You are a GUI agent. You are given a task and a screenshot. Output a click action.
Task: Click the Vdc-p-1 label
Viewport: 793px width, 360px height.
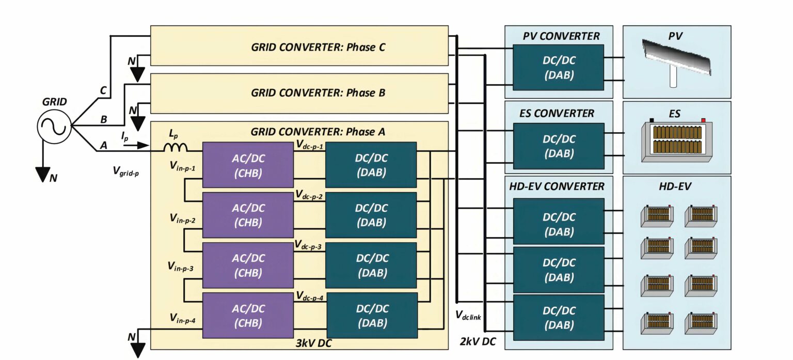(x=310, y=146)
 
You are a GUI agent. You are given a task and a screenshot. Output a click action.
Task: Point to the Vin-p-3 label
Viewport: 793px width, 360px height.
(x=181, y=267)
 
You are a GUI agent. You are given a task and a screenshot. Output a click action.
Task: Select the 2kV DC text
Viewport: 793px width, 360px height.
(x=477, y=341)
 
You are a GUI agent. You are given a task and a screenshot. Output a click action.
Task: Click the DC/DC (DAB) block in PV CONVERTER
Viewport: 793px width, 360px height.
(x=558, y=67)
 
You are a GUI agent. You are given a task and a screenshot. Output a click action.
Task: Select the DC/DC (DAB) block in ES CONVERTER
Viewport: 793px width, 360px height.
(x=558, y=146)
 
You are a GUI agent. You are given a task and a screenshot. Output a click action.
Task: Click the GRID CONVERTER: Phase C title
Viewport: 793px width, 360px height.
(x=319, y=48)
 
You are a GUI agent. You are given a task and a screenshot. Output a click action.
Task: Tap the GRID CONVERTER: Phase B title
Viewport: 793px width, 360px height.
(x=319, y=93)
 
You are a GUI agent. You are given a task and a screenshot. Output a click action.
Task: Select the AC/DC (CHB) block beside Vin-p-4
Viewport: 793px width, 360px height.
(x=248, y=316)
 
